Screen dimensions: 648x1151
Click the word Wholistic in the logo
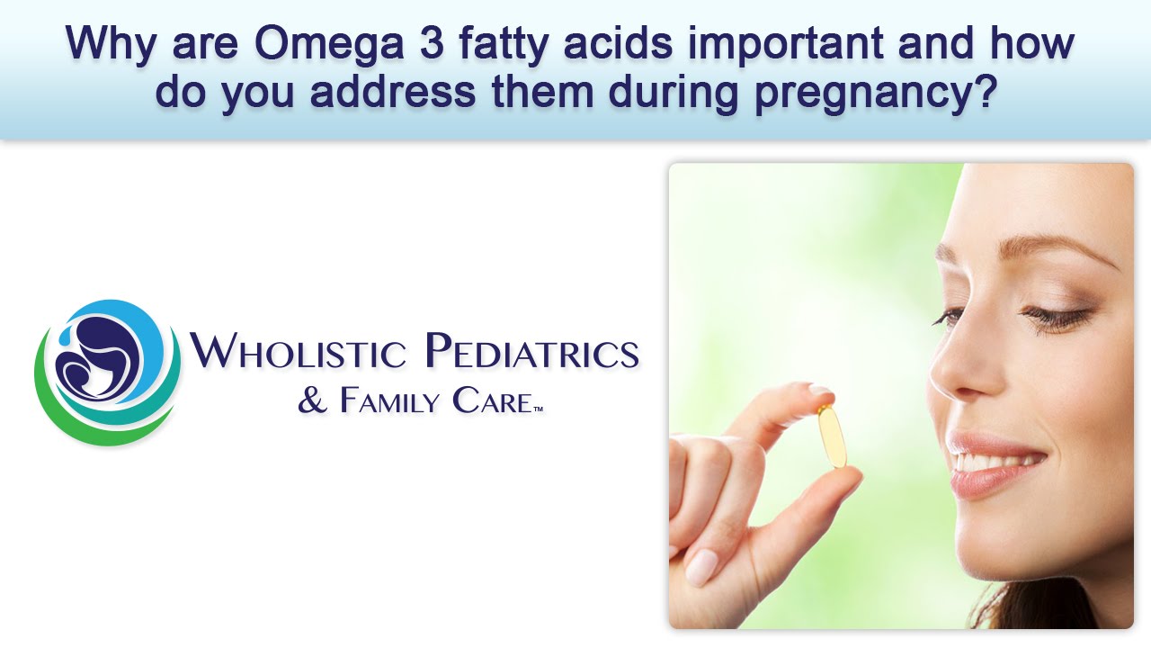298,351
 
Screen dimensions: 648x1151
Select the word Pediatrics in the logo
531,351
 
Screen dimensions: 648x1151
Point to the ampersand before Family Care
313,401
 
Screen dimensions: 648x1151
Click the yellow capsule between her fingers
832,436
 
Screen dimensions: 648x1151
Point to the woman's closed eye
1057,317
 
